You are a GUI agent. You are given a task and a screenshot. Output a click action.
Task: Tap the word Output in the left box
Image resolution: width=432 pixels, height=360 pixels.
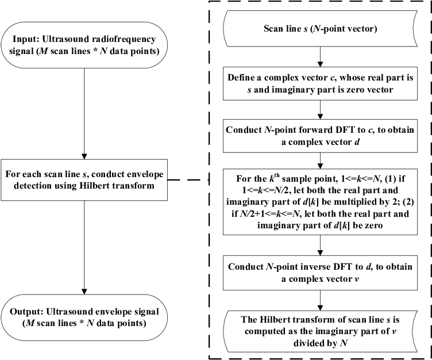point(29,311)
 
